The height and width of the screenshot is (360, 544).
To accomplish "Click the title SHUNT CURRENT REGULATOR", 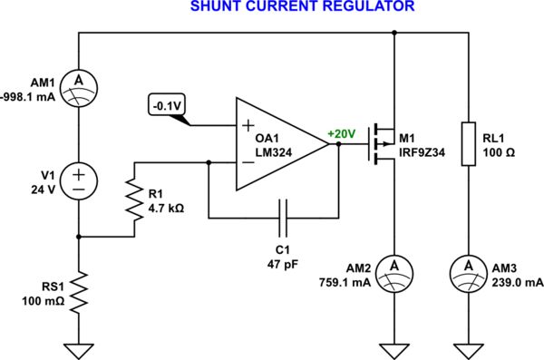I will click(x=290, y=7).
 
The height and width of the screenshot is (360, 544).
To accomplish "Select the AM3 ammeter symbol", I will click(x=469, y=265).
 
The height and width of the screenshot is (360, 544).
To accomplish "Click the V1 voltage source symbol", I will click(x=79, y=178).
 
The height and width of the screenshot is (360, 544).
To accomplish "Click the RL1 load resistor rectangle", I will click(x=469, y=143).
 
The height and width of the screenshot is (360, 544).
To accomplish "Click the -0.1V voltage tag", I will click(x=166, y=105).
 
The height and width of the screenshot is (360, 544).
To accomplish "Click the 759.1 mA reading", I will click(x=349, y=282).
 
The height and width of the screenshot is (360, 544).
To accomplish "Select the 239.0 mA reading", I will click(x=514, y=282).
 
